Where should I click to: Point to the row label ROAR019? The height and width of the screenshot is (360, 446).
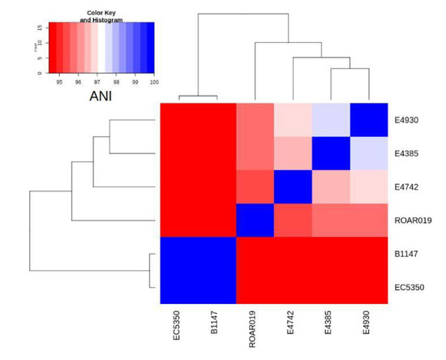pos(412,220)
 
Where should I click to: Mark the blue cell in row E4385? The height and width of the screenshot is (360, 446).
pos(331,154)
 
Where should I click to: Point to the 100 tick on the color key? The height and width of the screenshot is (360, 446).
pos(153,82)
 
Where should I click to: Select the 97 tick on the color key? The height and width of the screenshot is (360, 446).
pos(96,82)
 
